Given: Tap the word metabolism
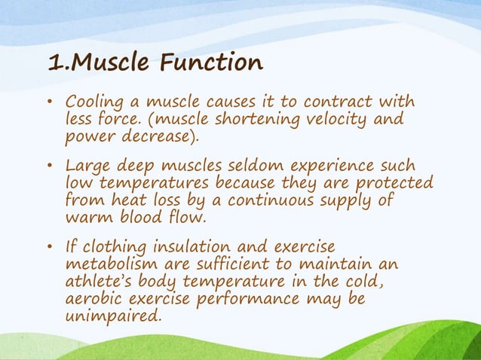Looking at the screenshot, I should (112, 265).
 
